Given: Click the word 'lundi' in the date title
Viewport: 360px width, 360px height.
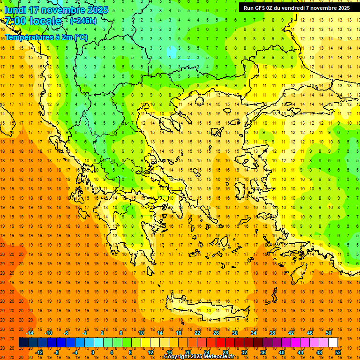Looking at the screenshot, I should [x=15, y=9].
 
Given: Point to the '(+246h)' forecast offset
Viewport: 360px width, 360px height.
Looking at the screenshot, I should [x=83, y=21].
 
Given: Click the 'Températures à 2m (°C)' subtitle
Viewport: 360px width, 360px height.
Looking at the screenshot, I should [x=46, y=37].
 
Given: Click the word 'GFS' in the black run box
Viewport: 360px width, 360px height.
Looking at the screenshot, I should [x=262, y=8].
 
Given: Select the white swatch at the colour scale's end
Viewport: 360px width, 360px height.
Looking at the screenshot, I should [x=333, y=342].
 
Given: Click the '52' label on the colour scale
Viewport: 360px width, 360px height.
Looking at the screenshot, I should [x=338, y=352].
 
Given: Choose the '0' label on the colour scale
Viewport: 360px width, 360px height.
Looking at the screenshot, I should [x=93, y=352].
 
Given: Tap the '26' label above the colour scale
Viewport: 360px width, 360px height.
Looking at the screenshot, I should [x=216, y=333].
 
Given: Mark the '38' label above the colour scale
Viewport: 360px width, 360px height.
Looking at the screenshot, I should [x=272, y=333].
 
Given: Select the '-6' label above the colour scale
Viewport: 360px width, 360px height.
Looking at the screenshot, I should [x=66, y=333].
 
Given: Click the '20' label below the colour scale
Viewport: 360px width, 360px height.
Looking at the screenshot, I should [x=187, y=352].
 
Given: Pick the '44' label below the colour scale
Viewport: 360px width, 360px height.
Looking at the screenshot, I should [x=300, y=352].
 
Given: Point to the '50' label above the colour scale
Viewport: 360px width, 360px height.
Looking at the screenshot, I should [x=329, y=333].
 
